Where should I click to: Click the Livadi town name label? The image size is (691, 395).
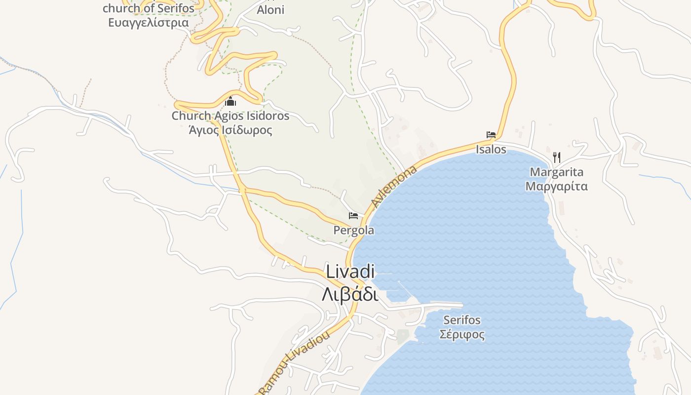[350, 272]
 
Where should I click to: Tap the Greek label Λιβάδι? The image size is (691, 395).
[350, 295]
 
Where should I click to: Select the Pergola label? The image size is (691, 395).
[353, 231]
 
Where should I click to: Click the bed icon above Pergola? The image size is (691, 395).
[353, 216]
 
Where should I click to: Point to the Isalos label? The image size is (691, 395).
[491, 149]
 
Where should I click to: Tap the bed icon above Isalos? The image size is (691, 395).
[491, 135]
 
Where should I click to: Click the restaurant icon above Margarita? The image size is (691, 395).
[557, 158]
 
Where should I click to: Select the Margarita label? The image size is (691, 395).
[556, 172]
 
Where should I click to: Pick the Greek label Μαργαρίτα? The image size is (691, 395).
[556, 187]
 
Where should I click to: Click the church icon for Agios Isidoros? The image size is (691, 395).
[230, 102]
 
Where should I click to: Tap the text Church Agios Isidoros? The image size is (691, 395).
[230, 117]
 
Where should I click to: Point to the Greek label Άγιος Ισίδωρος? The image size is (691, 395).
[230, 130]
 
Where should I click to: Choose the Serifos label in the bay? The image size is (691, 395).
[461, 320]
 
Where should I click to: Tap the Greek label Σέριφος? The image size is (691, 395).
[461, 334]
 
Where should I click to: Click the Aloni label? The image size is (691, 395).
[270, 10]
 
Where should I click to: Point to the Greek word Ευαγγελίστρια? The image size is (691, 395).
[148, 23]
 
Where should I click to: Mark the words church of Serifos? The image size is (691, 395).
[148, 9]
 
